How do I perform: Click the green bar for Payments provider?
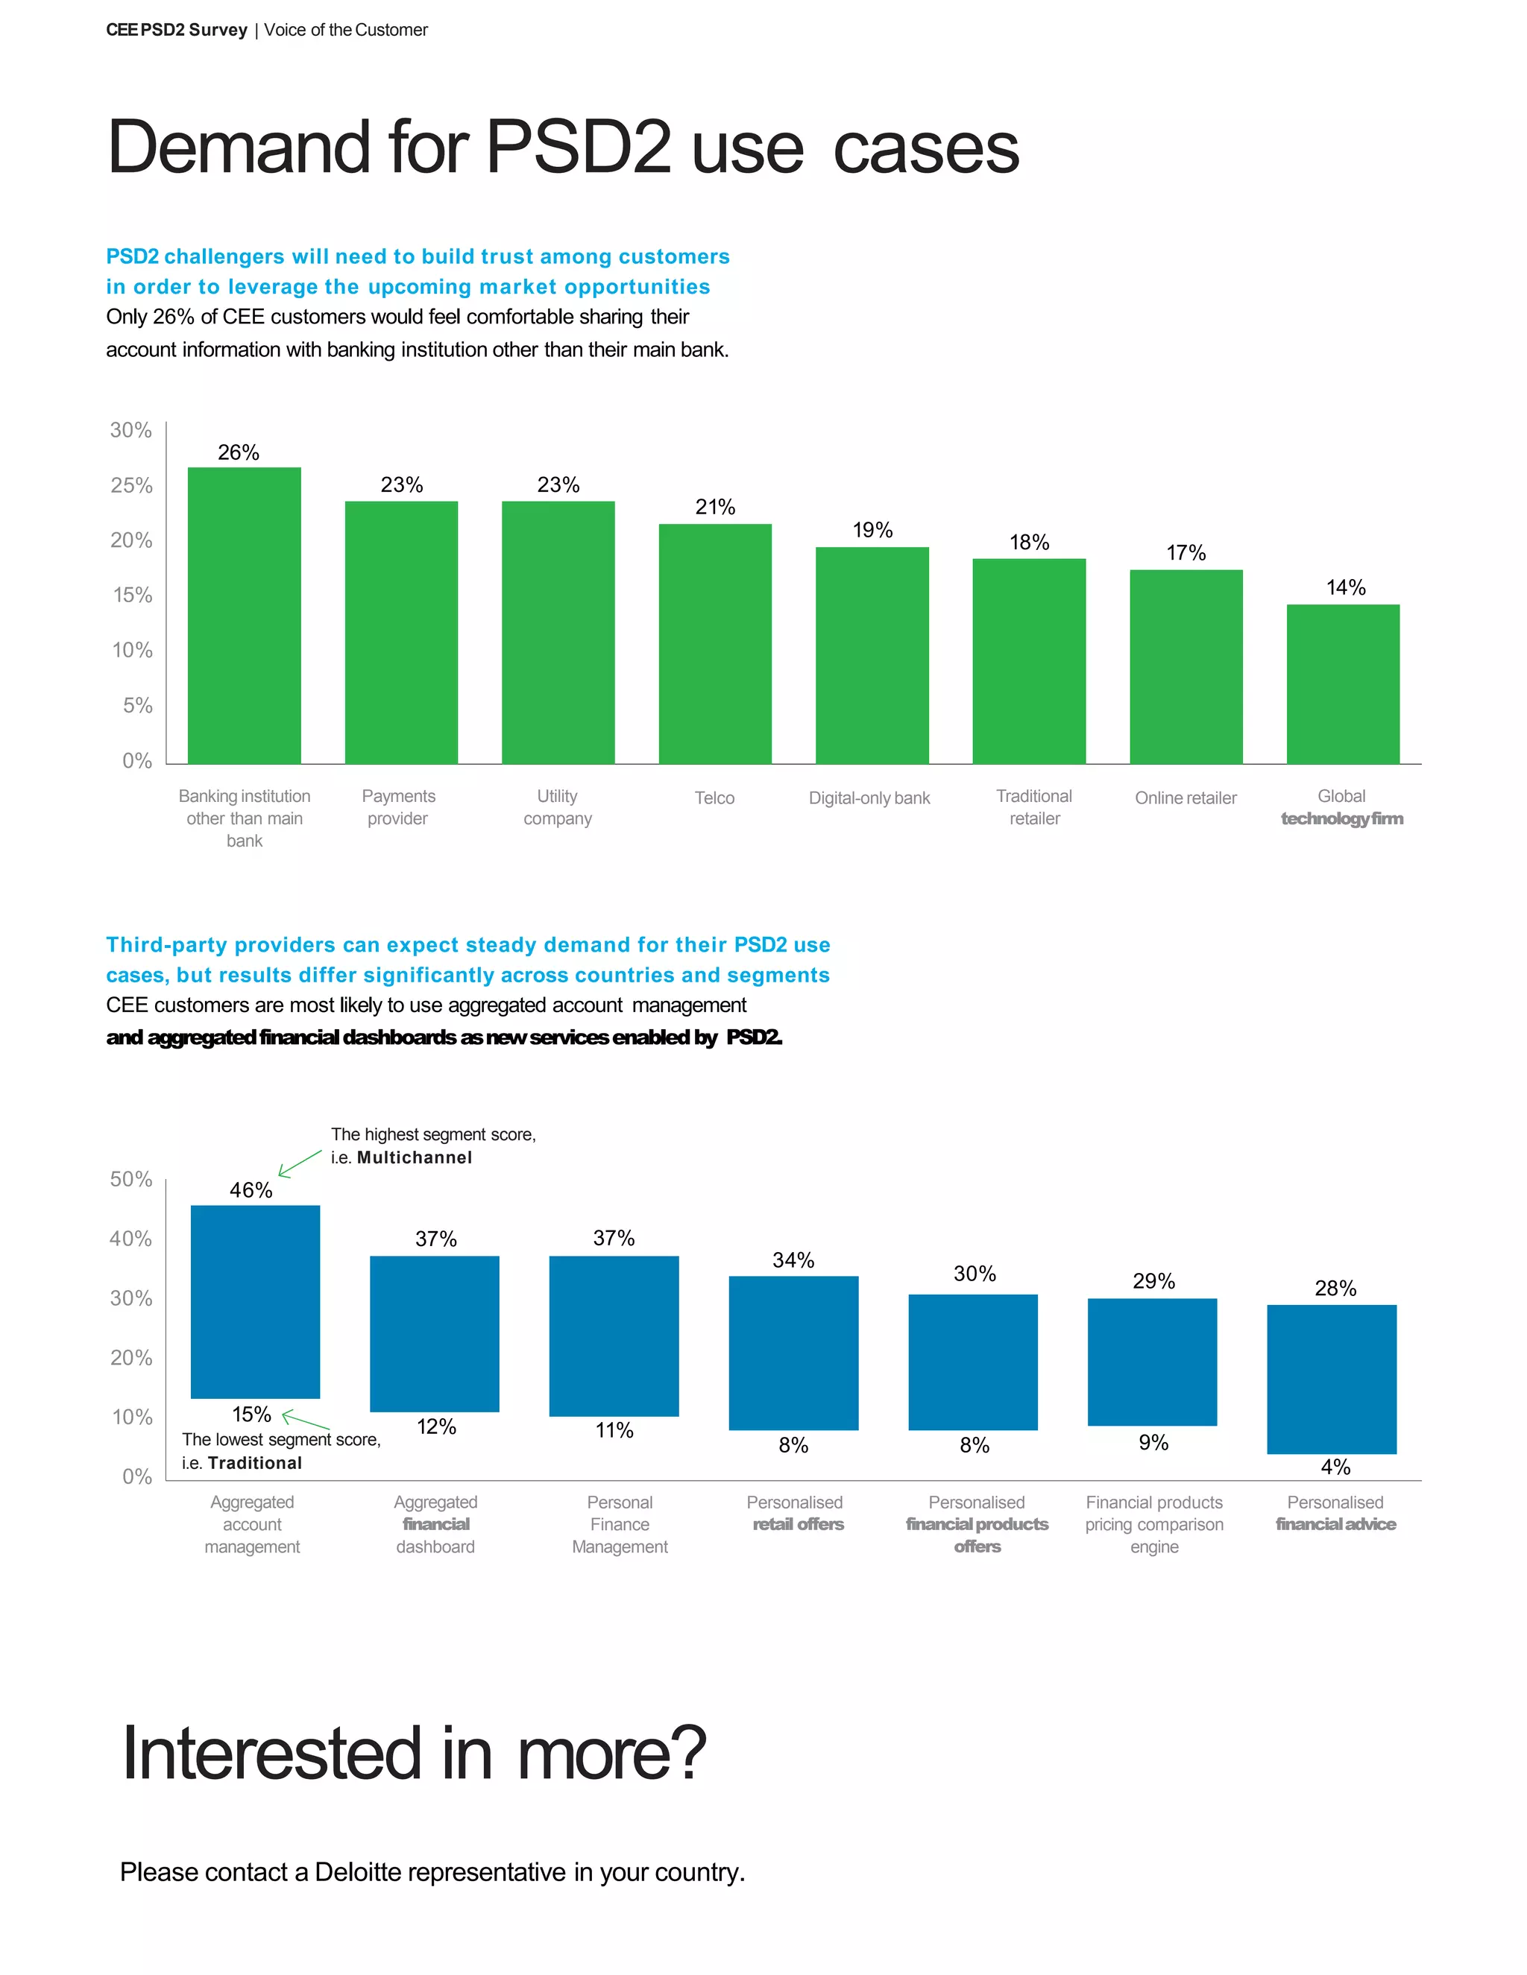(400, 632)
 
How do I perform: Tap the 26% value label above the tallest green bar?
(238, 452)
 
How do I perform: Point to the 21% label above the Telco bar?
(714, 508)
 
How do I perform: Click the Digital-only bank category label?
(869, 797)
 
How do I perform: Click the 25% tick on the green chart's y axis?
(131, 486)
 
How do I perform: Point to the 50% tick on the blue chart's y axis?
(131, 1179)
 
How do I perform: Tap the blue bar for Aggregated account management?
(255, 1301)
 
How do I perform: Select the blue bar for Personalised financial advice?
(1331, 1378)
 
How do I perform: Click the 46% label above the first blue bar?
(251, 1190)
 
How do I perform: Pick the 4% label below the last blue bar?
(1335, 1467)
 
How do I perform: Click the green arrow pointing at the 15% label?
(305, 1421)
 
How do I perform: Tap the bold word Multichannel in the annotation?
(415, 1157)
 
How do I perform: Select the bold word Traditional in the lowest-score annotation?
(254, 1463)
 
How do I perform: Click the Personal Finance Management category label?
(620, 1524)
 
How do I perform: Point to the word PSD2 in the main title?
(578, 147)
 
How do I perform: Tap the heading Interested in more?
(413, 1754)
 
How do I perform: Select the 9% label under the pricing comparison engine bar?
(1153, 1442)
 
